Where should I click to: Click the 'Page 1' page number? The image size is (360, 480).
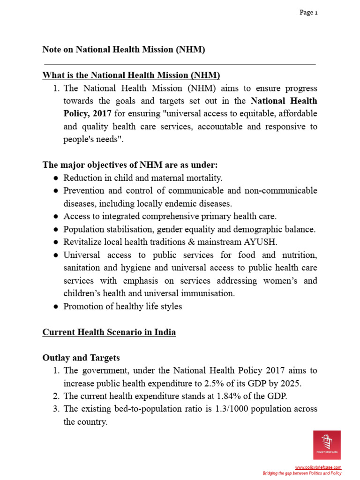[308, 13]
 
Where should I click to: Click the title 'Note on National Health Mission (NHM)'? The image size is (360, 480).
[124, 49]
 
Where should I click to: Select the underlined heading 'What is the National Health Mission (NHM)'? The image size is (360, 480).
[131, 75]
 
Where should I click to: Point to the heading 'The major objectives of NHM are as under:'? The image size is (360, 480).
[130, 165]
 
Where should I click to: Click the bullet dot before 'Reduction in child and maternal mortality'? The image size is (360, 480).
[56, 178]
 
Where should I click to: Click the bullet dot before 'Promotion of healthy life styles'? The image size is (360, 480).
[56, 307]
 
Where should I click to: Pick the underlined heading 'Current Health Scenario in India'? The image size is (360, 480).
[109, 332]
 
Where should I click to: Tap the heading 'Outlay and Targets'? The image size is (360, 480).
[81, 358]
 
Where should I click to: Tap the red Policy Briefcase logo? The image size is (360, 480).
[327, 445]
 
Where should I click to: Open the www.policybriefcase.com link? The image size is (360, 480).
[318, 468]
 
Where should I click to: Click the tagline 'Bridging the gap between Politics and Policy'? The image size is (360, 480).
[301, 473]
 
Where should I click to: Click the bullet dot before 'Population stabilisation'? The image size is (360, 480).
[56, 229]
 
